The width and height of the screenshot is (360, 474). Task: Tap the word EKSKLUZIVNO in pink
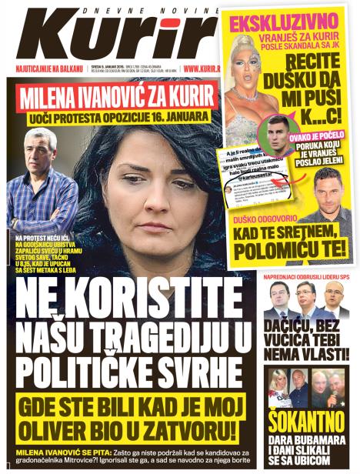pos(281,22)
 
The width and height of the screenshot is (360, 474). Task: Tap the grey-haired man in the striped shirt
pos(42,177)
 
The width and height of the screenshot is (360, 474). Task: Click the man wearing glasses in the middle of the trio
pos(306,295)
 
